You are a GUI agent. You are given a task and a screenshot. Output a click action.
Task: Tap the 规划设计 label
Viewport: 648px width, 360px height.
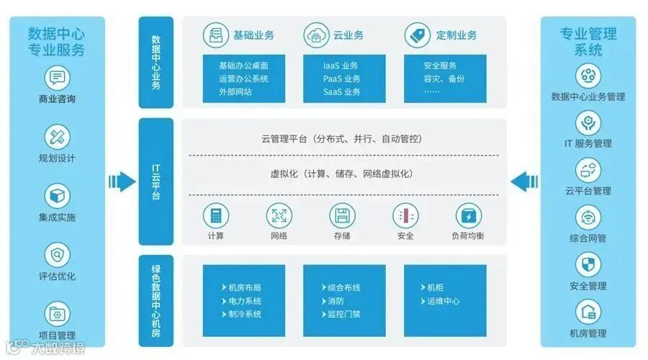pos(56,158)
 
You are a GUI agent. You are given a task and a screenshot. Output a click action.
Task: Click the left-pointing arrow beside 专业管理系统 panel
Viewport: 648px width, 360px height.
pos(524,180)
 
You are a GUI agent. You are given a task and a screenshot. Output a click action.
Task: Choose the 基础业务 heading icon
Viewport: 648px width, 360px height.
pos(214,35)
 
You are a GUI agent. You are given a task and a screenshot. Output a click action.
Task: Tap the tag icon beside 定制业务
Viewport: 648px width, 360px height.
pos(417,35)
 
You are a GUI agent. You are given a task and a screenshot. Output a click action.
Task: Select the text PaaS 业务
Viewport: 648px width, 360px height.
pos(341,78)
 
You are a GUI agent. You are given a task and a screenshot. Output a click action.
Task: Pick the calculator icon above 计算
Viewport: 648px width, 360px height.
pos(215,215)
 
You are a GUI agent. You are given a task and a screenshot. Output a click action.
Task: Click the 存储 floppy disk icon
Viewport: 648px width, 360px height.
pos(342,215)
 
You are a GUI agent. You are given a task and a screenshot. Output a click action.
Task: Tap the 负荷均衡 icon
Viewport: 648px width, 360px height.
pos(468,215)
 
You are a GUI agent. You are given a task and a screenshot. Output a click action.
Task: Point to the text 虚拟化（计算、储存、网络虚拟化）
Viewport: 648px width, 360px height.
pos(342,174)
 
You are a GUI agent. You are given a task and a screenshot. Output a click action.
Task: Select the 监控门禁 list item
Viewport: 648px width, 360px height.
pos(343,314)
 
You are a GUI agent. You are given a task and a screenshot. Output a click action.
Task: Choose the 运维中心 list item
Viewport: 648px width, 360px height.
pos(442,301)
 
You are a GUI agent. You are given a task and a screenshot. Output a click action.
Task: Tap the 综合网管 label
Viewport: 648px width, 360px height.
pos(588,238)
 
